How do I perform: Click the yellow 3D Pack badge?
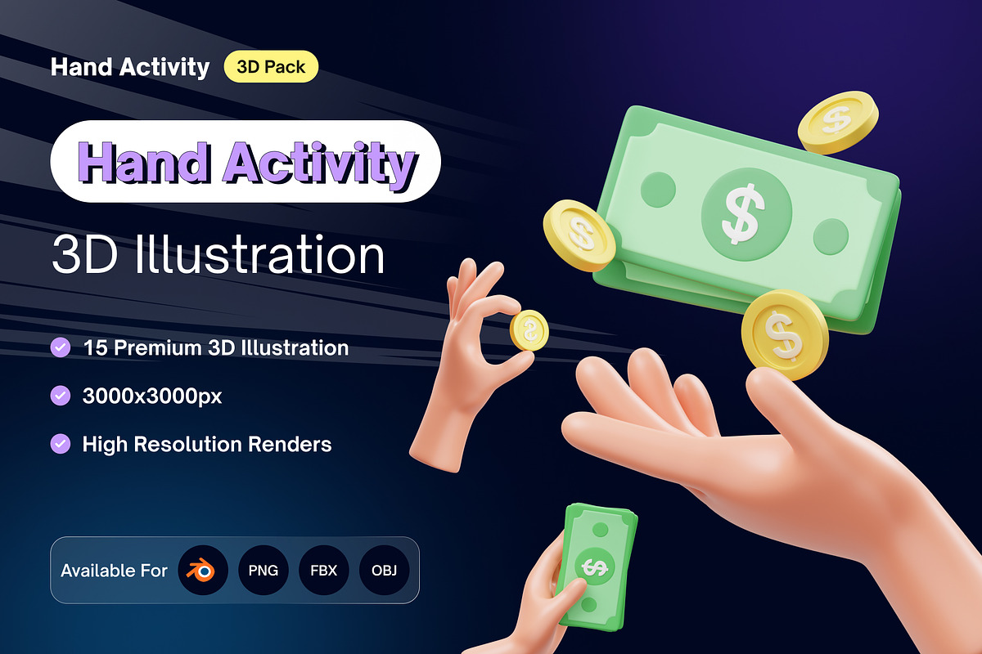[271, 67]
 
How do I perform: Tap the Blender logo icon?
[202, 570]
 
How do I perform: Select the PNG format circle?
[263, 570]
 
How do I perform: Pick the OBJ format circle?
[384, 570]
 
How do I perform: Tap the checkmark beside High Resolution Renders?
[61, 444]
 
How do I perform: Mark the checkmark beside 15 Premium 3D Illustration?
[61, 347]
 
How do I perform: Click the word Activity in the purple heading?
[319, 164]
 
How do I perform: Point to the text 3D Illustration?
[218, 255]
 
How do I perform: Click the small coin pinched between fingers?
[529, 331]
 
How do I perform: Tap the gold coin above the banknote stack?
[838, 122]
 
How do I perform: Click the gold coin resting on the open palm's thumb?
[784, 334]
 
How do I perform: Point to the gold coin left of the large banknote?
[579, 235]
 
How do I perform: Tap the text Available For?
[114, 570]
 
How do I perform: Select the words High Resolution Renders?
[206, 444]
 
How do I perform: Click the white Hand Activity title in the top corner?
[130, 67]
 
